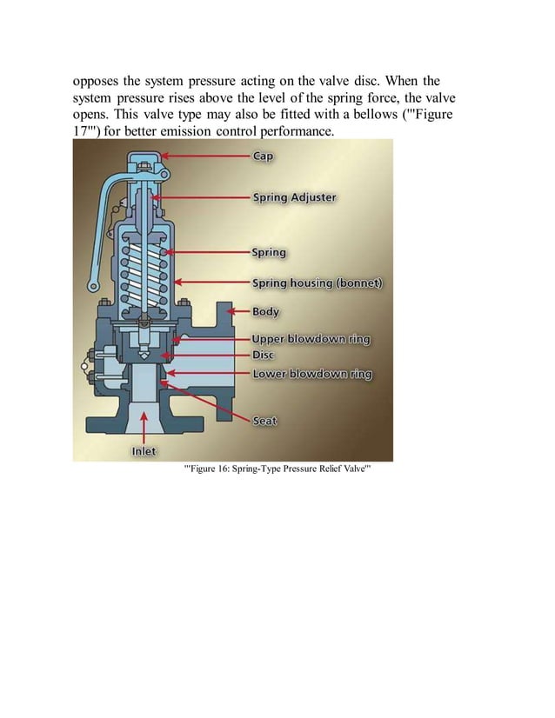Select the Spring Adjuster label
(x=294, y=197)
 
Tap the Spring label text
(x=269, y=253)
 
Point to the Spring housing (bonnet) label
(x=317, y=283)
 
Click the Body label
(x=266, y=310)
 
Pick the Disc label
(x=264, y=356)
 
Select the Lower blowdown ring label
(x=311, y=374)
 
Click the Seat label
(x=264, y=421)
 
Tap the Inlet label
(x=144, y=451)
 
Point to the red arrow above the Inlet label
(x=144, y=427)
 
